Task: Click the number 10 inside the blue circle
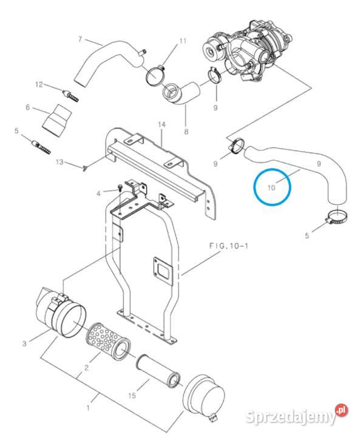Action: click(x=271, y=188)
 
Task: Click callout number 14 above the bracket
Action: click(x=161, y=125)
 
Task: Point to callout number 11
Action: click(x=183, y=41)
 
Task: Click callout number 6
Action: click(x=27, y=107)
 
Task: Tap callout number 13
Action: click(x=59, y=162)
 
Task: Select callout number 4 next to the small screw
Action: click(x=98, y=193)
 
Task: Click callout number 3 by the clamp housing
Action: click(x=25, y=344)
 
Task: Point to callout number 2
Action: click(x=86, y=368)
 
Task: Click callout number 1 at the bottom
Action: click(x=87, y=408)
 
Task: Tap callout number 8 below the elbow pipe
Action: click(x=186, y=131)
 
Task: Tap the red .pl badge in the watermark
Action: click(x=342, y=412)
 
